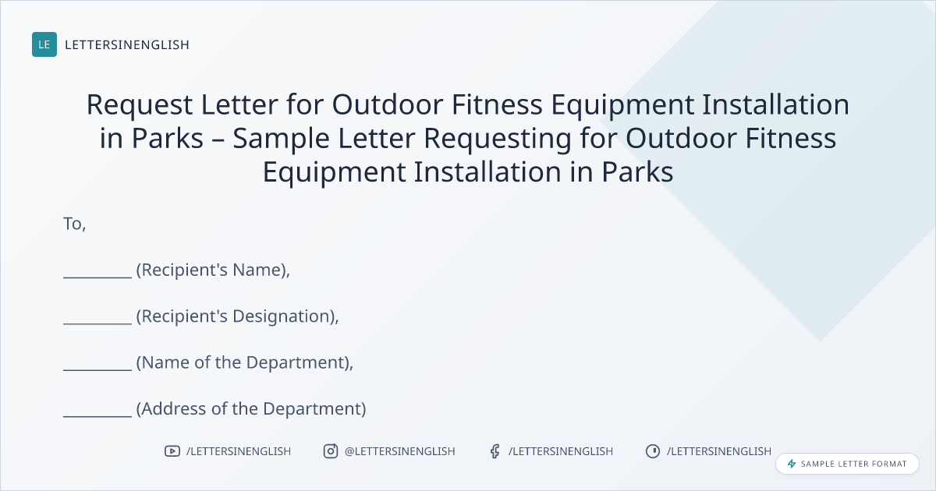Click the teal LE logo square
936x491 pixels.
point(44,44)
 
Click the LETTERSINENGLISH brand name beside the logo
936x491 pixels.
point(127,44)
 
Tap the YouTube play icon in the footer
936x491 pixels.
point(172,451)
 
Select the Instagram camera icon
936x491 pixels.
point(331,451)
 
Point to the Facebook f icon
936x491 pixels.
point(495,451)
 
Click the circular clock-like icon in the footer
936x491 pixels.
point(653,451)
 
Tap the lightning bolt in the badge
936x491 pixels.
point(792,464)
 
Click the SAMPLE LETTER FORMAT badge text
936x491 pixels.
point(853,464)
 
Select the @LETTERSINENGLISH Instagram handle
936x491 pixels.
point(400,451)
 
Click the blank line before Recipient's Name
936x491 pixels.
point(97,277)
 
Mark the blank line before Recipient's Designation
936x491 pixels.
point(97,323)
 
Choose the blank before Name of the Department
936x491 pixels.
point(97,369)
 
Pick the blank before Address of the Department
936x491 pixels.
point(97,416)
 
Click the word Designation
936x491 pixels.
point(284,316)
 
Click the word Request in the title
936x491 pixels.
point(140,105)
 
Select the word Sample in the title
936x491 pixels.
point(281,139)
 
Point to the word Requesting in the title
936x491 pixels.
point(498,139)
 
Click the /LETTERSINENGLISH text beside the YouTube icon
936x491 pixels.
point(239,451)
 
